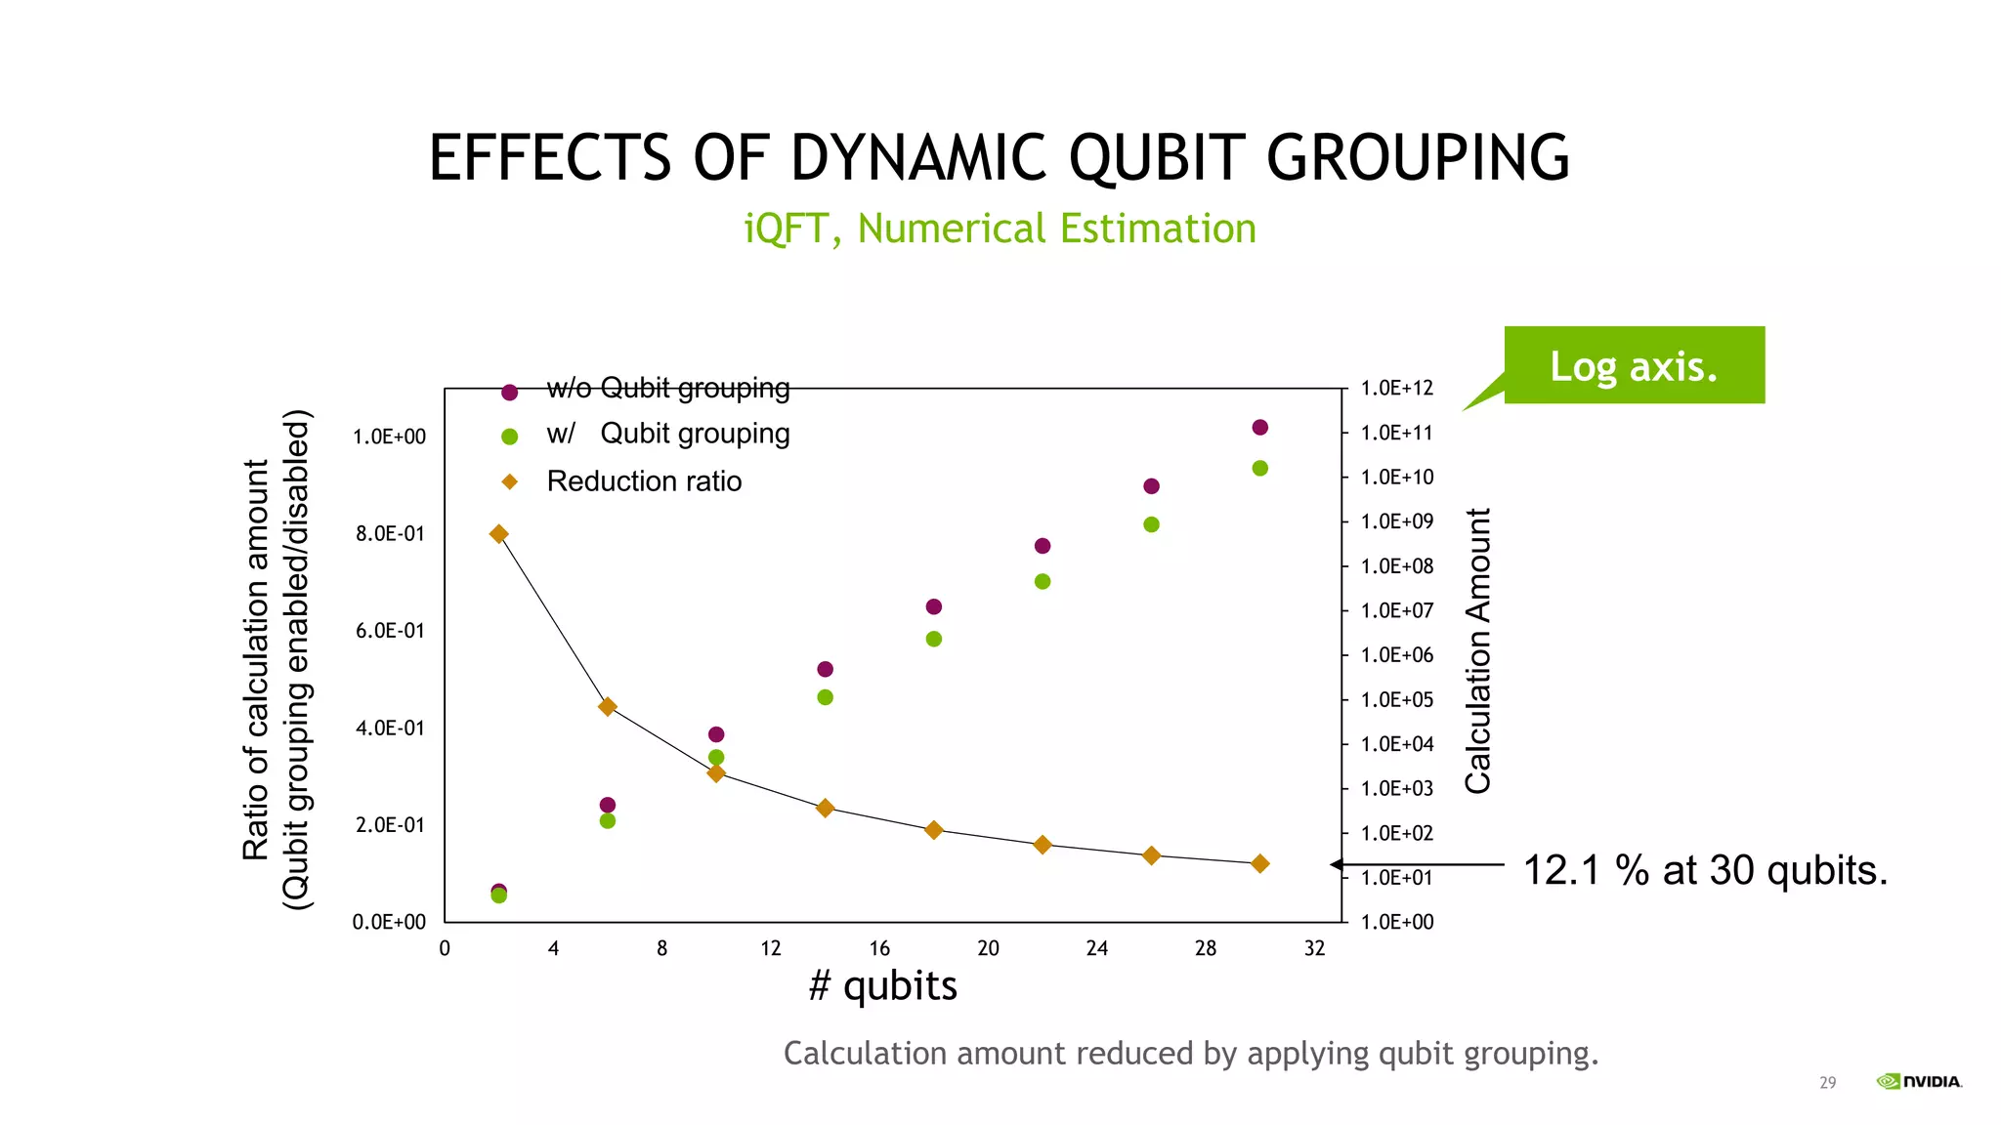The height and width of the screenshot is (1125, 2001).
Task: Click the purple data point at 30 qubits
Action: coord(1259,428)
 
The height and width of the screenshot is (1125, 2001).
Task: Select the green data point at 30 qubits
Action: coord(1259,469)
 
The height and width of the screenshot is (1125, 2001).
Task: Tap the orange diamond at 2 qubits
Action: coord(498,534)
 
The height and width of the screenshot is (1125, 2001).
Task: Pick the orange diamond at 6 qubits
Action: coord(607,706)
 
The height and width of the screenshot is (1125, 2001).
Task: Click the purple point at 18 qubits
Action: coord(933,607)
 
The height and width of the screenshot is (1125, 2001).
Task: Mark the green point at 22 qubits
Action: coord(1043,582)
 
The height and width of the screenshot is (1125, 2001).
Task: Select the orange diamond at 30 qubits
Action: coord(1259,863)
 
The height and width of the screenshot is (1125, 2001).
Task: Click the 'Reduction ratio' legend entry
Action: coord(643,481)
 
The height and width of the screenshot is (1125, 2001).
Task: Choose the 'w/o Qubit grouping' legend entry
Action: coord(667,389)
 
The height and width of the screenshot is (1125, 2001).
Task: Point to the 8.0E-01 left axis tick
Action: coord(390,534)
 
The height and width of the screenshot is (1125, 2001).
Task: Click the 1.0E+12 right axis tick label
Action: coord(1396,389)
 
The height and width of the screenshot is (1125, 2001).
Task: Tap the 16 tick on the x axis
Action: coord(879,948)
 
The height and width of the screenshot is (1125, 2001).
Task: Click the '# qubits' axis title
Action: coord(882,985)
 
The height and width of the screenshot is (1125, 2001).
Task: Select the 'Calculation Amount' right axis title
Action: coord(1477,650)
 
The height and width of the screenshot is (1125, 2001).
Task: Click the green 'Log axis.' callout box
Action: coord(1634,365)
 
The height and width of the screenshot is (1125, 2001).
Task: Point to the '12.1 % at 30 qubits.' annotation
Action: coord(1705,870)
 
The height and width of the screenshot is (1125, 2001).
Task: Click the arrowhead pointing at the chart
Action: coord(1337,864)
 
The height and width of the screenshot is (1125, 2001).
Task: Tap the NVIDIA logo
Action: coord(1919,1081)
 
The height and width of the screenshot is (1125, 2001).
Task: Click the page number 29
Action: coord(1827,1082)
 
